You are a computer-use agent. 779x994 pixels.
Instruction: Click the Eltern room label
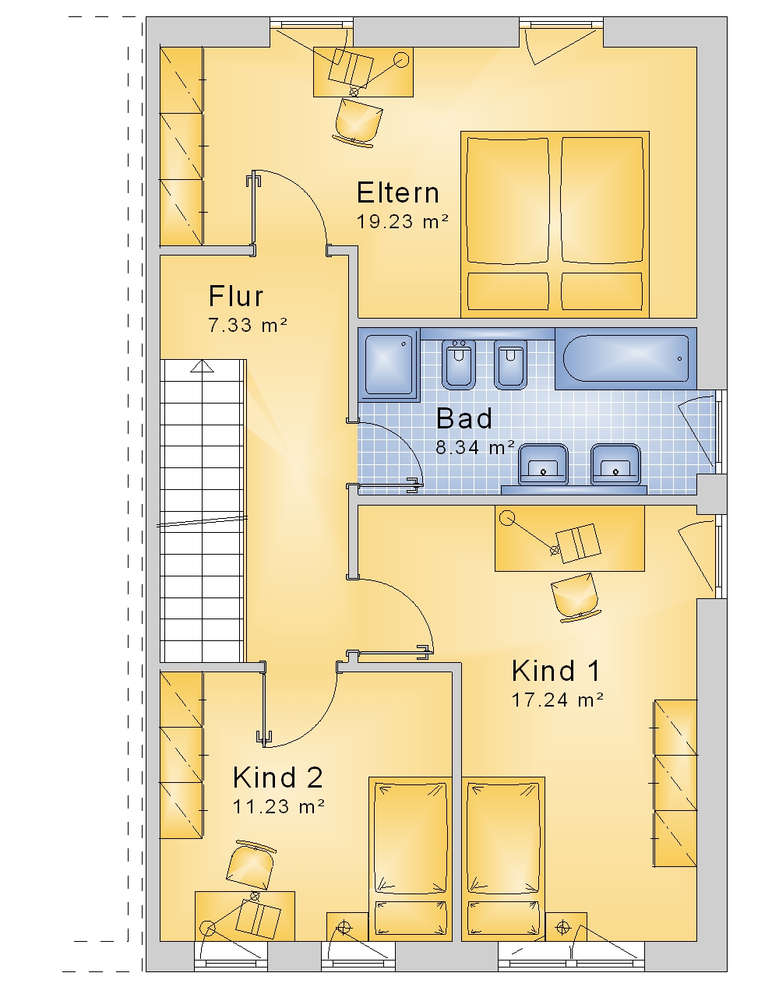coord(397,192)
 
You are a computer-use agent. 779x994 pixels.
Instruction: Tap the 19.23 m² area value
coord(402,222)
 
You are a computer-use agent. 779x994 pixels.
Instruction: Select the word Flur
coord(235,296)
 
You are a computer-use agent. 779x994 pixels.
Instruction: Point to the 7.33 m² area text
coord(248,326)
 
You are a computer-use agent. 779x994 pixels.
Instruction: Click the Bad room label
coord(464,418)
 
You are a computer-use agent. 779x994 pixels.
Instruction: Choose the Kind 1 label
coord(555,671)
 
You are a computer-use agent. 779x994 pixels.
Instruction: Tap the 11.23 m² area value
coord(279,806)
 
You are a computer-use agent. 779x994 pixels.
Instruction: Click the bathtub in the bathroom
coord(626,358)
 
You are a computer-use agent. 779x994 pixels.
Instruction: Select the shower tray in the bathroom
coord(389,365)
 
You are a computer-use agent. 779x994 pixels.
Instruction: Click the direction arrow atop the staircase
coord(202,366)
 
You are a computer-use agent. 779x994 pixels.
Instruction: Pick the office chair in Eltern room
coord(358,124)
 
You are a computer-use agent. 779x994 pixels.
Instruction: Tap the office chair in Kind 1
coord(576,597)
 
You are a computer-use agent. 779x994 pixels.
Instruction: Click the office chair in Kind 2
coord(251,863)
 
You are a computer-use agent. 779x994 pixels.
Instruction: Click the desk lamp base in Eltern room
coord(401,59)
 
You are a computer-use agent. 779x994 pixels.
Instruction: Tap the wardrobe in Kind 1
coord(675,783)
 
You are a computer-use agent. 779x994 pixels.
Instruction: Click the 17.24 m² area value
coord(558,700)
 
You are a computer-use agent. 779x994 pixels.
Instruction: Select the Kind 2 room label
coord(277,777)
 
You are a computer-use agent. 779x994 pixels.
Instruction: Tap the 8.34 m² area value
coord(475,447)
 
